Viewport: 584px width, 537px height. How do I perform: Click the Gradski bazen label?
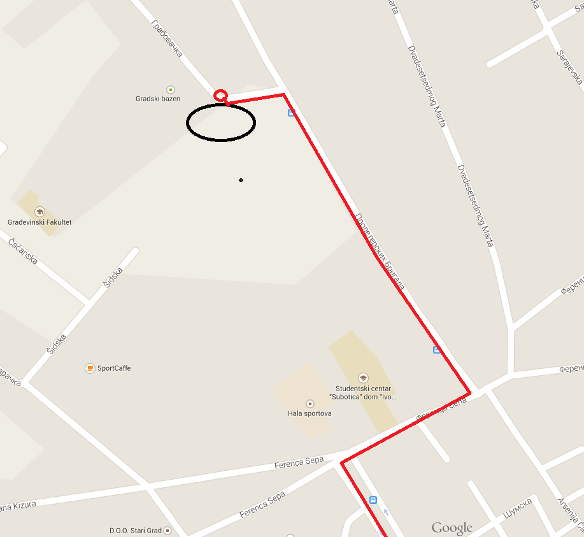[158, 99]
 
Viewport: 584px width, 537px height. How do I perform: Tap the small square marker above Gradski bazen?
[170, 89]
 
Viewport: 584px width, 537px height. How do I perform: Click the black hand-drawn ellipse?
[221, 122]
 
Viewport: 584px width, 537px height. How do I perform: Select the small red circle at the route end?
[220, 96]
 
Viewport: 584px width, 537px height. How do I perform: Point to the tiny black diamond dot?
[241, 180]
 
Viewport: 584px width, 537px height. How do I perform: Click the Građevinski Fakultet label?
[39, 222]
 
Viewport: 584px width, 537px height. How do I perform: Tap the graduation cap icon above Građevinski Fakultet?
[39, 211]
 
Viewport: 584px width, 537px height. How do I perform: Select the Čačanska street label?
[23, 250]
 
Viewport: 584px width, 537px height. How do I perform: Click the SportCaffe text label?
[114, 368]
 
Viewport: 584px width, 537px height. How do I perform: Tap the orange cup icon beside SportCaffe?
[90, 368]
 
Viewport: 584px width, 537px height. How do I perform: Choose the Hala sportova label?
[310, 413]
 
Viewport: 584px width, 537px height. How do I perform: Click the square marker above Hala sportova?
[310, 403]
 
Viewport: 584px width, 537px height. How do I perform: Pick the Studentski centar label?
[362, 392]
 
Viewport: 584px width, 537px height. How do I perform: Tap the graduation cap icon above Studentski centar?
[363, 378]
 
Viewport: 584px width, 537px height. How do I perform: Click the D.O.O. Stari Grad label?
[136, 530]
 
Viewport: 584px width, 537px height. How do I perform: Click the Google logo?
[452, 527]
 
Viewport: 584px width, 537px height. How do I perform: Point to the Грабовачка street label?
[167, 38]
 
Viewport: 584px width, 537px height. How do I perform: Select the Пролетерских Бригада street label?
[380, 252]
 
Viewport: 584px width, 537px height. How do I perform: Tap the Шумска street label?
[517, 509]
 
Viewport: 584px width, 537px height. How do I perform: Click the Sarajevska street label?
[570, 67]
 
